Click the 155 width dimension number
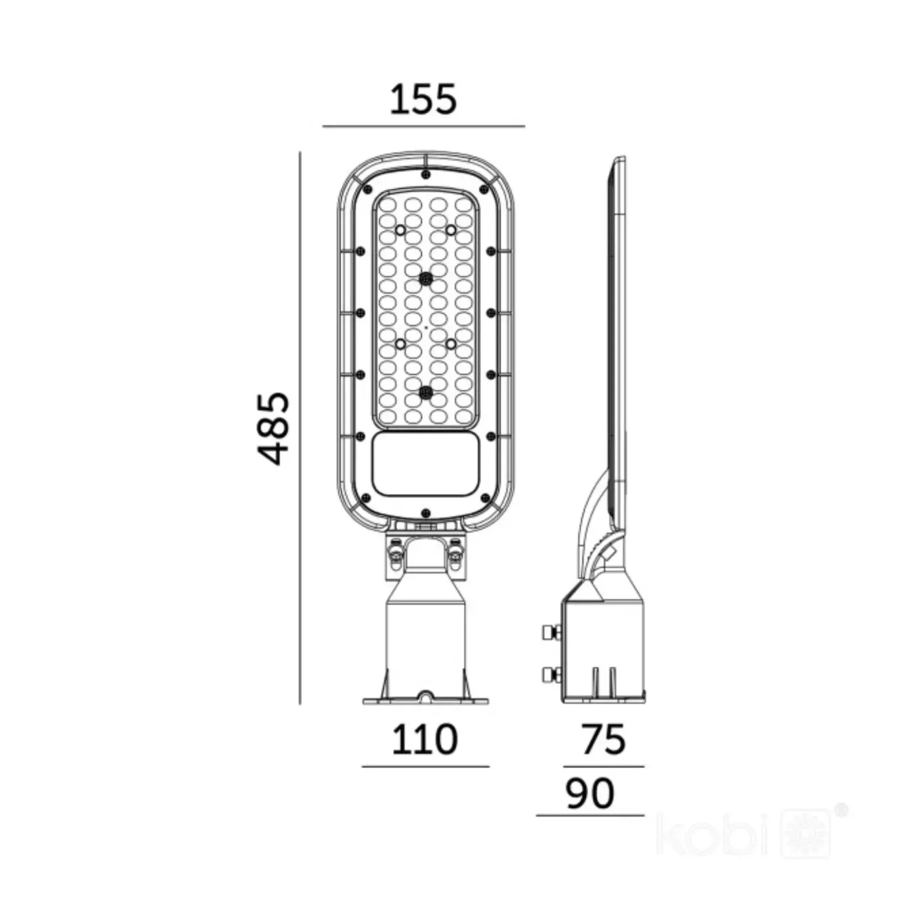pyautogui.click(x=423, y=99)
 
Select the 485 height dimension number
pyautogui.click(x=273, y=430)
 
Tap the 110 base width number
pyautogui.click(x=424, y=740)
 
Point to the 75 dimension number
pyautogui.click(x=604, y=740)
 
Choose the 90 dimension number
pyautogui.click(x=590, y=793)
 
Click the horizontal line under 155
pyautogui.click(x=423, y=126)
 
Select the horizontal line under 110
pyautogui.click(x=425, y=767)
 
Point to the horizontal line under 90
pyautogui.click(x=590, y=816)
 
